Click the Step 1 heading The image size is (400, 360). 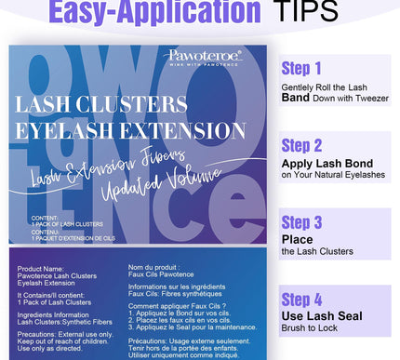(301, 68)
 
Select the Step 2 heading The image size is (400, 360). (302, 145)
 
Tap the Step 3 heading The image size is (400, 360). (302, 222)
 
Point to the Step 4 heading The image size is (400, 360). (302, 300)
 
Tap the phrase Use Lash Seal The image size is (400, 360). (322, 317)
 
